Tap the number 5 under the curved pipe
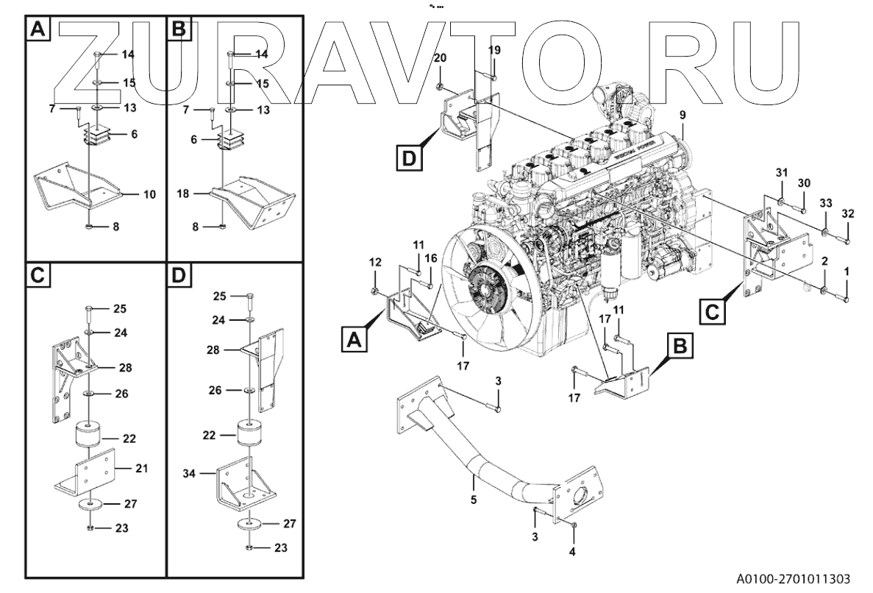[x=474, y=500]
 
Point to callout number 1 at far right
[x=847, y=271]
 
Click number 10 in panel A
[x=149, y=195]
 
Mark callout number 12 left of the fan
[x=374, y=262]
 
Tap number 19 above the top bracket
[x=494, y=49]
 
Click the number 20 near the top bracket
[x=440, y=57]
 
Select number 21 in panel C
[x=142, y=468]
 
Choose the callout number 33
[x=826, y=202]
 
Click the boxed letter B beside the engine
[x=680, y=344]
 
